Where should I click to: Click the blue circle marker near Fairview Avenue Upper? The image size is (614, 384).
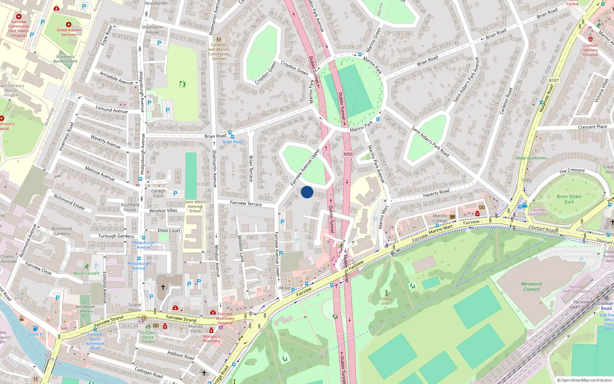[x=307, y=192]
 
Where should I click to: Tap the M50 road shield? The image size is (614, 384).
[x=348, y=154]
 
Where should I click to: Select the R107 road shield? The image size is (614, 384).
[x=554, y=81]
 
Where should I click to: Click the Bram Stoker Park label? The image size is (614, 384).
[x=569, y=199]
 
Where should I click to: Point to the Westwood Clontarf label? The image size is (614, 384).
[x=531, y=286]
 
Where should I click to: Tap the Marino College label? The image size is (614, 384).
[x=440, y=218]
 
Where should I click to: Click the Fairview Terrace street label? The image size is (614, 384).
[x=246, y=203]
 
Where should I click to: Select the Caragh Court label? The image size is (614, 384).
[x=158, y=193]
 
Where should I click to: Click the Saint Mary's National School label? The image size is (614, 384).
[x=195, y=206]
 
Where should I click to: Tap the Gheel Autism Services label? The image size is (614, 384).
[x=69, y=32]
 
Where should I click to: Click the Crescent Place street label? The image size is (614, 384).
[x=593, y=127]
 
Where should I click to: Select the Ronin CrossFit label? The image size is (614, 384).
[x=87, y=273]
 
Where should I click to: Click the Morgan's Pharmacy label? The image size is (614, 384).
[x=211, y=339]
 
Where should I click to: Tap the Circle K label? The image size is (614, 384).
[x=35, y=334]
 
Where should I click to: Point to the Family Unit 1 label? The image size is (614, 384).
[x=386, y=301]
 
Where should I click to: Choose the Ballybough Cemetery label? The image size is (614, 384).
[x=85, y=309]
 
